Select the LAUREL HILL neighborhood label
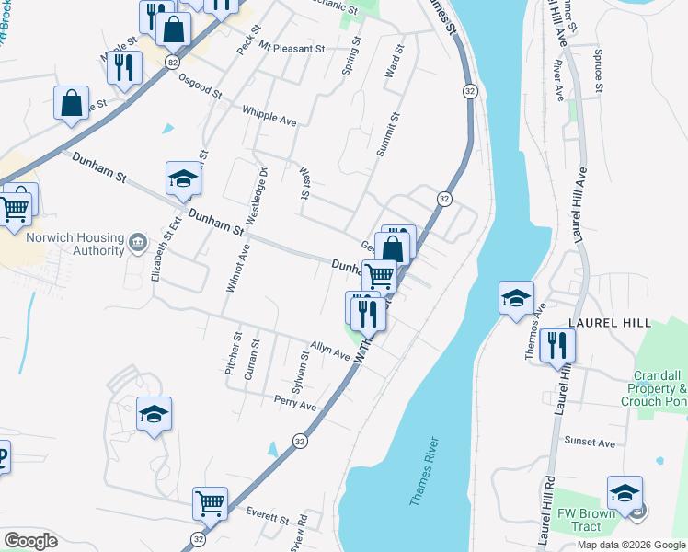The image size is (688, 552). [610, 323]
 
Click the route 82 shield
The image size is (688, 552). [173, 62]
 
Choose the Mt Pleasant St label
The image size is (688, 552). [292, 47]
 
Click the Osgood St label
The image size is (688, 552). [200, 86]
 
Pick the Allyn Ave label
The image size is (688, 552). [330, 350]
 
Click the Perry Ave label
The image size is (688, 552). [294, 403]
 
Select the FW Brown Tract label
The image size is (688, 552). [580, 520]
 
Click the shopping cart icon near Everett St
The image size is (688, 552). [210, 502]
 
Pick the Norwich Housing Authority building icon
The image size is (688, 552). [137, 242]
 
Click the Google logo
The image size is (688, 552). [30, 541]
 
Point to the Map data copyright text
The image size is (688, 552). [630, 545]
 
